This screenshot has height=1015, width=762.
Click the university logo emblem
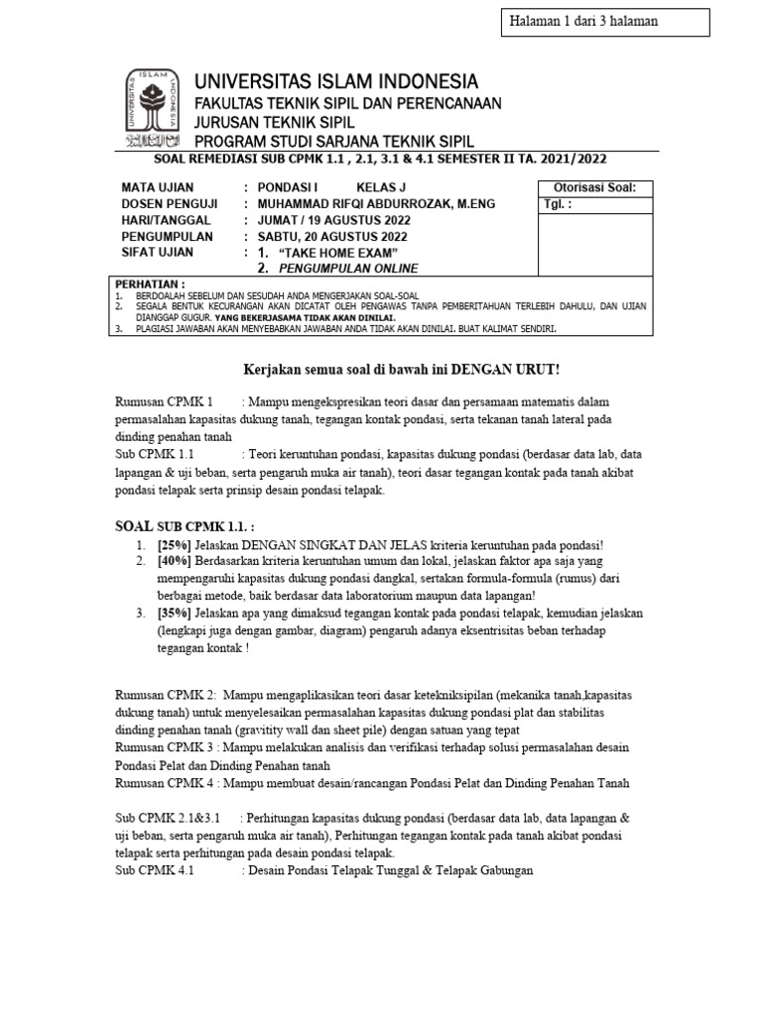point(155,108)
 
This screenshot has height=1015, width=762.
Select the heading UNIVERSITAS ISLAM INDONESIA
point(336,81)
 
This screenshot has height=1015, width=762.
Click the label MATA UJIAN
point(158,187)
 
